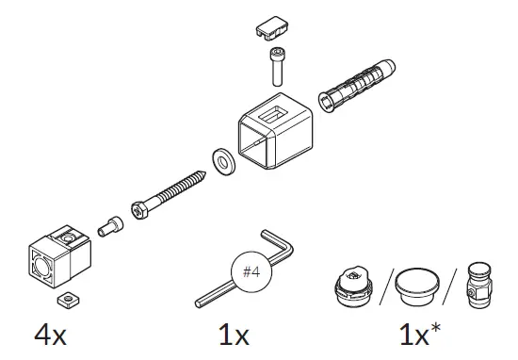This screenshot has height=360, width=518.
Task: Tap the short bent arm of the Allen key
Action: [x=283, y=247]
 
